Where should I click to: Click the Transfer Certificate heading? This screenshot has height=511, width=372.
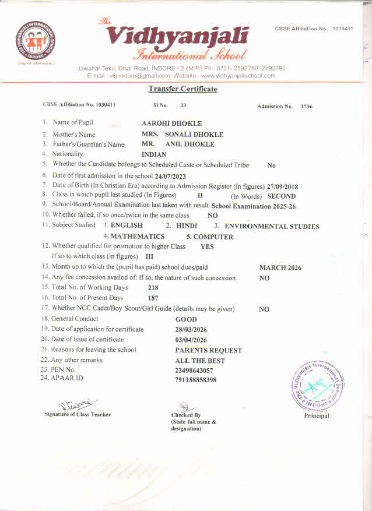tap(183, 89)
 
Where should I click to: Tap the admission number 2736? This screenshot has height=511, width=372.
tap(307, 107)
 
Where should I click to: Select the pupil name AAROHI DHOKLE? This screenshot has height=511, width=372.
tap(171, 124)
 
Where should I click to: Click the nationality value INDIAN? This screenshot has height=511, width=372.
tap(154, 154)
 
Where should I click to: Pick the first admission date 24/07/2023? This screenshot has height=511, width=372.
tap(170, 176)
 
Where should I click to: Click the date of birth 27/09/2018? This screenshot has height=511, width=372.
tap(282, 186)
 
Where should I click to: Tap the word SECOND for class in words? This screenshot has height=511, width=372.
tap(281, 196)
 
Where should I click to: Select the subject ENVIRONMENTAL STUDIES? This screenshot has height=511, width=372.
tap(272, 226)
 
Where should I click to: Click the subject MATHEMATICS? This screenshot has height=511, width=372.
tap(138, 237)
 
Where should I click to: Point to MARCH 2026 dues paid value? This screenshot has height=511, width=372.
tap(280, 268)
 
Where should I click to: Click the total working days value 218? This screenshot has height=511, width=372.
tap(153, 288)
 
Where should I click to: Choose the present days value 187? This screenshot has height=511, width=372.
tap(153, 298)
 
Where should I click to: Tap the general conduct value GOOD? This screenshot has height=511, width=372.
tap(186, 319)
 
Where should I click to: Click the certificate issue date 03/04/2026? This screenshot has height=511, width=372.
tap(191, 340)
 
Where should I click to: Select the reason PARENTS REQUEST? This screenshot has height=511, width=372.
tap(208, 351)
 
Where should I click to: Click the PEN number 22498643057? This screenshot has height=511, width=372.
tap(194, 371)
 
